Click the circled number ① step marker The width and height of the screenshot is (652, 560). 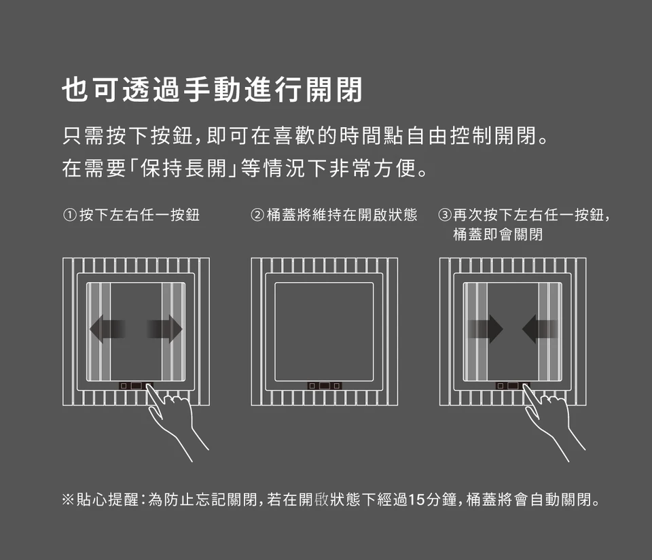click(x=70, y=215)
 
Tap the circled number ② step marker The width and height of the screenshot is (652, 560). click(x=257, y=215)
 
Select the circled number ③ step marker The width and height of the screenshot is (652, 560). click(x=446, y=215)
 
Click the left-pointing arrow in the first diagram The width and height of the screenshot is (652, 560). click(x=107, y=329)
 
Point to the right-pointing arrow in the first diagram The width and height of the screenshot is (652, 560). click(x=164, y=329)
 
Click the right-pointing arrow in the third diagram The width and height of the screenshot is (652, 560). click(x=485, y=329)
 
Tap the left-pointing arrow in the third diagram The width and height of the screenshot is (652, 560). click(x=540, y=329)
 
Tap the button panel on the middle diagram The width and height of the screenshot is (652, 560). click(x=325, y=386)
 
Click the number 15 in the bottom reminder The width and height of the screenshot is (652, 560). click(x=417, y=500)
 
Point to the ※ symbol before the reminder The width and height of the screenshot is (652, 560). click(x=68, y=500)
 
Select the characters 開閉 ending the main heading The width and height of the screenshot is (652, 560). click(x=334, y=90)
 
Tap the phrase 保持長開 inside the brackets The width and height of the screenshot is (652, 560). click(x=183, y=169)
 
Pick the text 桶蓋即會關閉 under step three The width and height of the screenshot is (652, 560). click(x=498, y=234)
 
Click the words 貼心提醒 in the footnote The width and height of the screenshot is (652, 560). click(x=107, y=500)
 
